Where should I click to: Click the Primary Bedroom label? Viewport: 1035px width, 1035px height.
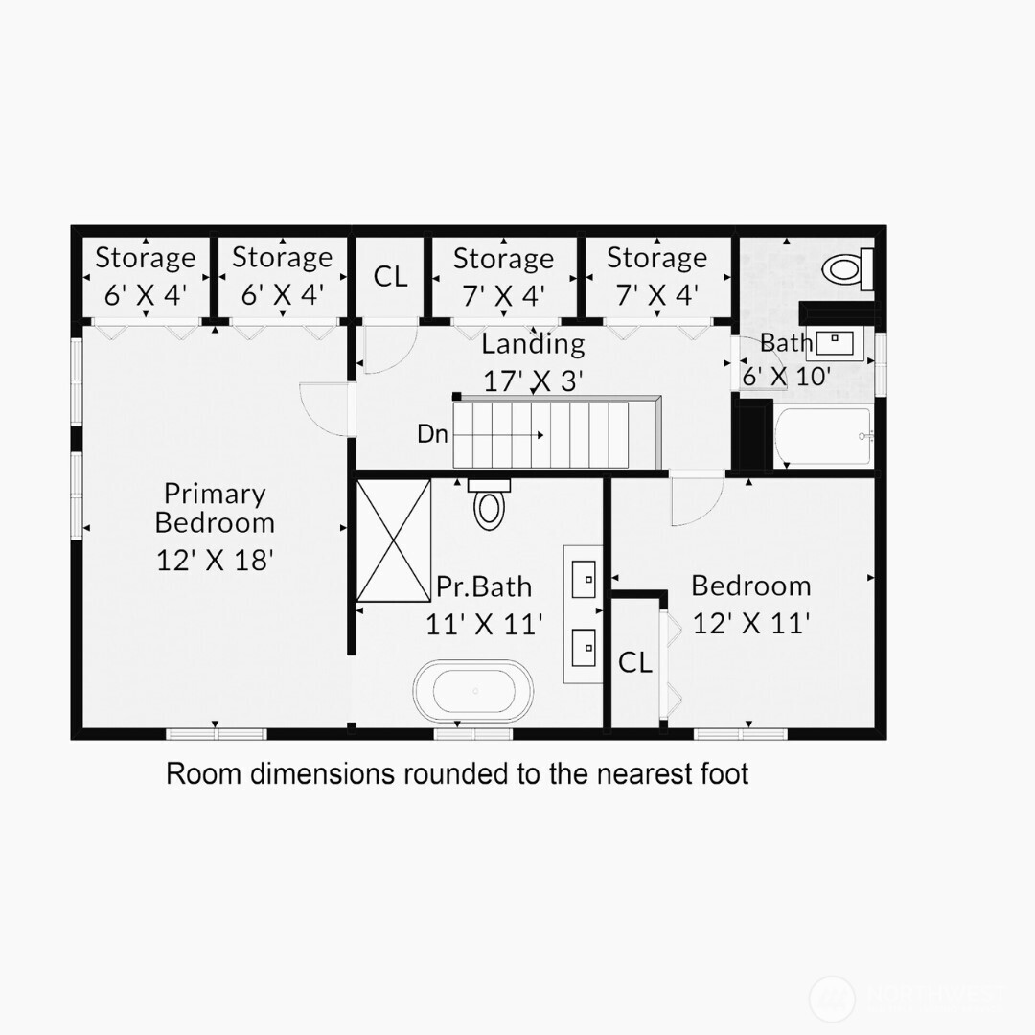215,508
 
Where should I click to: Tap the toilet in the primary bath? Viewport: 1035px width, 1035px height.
489,505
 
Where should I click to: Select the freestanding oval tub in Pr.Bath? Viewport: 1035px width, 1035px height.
473,690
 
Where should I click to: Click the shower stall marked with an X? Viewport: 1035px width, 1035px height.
393,540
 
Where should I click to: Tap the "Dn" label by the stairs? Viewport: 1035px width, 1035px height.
432,434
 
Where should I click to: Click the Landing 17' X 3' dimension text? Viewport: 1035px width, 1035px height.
533,381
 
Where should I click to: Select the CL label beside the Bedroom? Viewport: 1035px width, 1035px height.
635,662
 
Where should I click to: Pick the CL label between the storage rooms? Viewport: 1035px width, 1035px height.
390,277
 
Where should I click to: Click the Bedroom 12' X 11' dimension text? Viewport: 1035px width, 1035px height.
751,624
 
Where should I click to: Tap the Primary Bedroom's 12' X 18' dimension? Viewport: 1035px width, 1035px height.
216,560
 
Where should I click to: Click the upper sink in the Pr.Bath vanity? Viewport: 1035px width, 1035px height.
583,577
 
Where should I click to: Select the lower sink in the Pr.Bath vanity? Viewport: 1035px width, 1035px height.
583,647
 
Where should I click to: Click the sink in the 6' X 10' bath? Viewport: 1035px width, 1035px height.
839,340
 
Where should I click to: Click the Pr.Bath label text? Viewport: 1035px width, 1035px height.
484,586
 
